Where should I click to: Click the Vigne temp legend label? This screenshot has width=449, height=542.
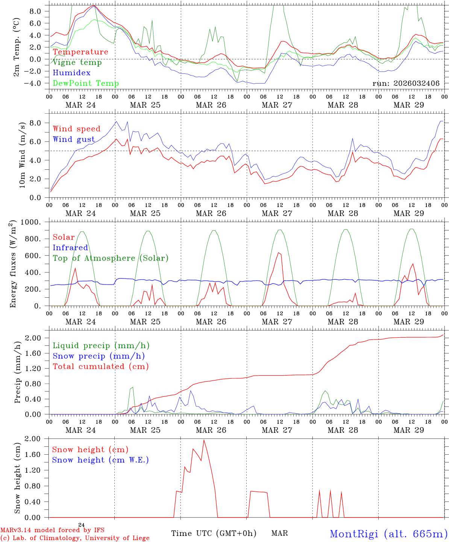click(x=77, y=62)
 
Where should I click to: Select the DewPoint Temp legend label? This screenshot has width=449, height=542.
click(x=86, y=83)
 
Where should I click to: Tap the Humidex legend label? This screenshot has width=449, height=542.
click(x=71, y=73)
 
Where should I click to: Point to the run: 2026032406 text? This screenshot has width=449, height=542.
click(x=406, y=84)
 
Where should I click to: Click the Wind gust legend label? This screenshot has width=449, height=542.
click(x=74, y=139)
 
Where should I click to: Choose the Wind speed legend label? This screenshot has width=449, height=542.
click(x=77, y=129)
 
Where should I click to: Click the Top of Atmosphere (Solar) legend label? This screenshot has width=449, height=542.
click(x=111, y=258)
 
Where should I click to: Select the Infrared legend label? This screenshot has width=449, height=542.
click(x=70, y=248)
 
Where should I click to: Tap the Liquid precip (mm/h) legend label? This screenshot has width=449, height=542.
click(x=101, y=346)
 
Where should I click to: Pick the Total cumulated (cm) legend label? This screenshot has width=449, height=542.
click(x=101, y=366)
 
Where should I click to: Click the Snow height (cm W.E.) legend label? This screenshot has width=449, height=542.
click(x=100, y=460)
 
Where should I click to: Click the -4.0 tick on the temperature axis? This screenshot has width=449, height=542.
click(x=35, y=83)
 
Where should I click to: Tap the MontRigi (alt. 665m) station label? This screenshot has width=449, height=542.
click(x=388, y=533)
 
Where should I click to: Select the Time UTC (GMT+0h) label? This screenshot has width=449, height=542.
click(x=214, y=533)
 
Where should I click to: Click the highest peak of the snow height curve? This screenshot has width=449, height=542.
click(x=204, y=440)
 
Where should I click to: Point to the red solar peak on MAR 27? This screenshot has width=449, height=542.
click(x=278, y=253)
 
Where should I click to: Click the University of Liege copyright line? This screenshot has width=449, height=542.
click(x=75, y=538)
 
